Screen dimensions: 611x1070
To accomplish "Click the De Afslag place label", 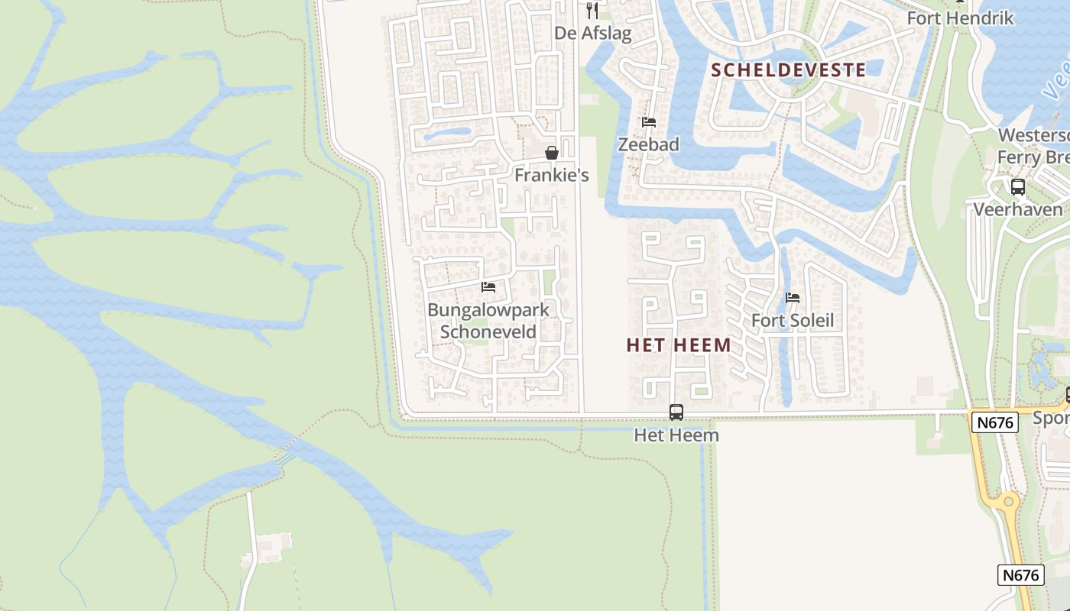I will [x=593, y=34].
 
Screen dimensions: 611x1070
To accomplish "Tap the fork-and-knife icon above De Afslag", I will [x=592, y=11].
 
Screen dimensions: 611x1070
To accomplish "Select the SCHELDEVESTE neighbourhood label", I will [x=789, y=70].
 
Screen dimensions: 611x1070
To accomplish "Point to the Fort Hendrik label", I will [x=960, y=18].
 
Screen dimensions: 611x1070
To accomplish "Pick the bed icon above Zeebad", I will [x=649, y=122].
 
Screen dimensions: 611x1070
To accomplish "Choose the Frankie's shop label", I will [x=551, y=175].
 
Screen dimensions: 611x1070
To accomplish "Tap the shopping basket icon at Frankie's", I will [x=552, y=153].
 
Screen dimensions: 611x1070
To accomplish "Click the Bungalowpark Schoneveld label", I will [x=488, y=321].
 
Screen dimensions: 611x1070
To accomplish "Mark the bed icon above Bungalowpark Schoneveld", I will [x=488, y=287].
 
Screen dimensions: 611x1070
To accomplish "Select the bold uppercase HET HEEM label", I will [x=679, y=345].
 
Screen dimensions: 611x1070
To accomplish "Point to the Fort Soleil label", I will [x=793, y=320].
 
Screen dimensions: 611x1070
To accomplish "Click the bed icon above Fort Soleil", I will [x=793, y=298].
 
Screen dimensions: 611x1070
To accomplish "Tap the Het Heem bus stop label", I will [x=676, y=435].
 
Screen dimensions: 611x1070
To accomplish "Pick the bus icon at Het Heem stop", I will [x=676, y=412].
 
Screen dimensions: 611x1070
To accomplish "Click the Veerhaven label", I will [x=1017, y=209].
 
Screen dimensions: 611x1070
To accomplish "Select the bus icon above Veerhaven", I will [x=1018, y=186].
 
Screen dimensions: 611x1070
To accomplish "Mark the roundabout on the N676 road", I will [x=1007, y=501].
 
